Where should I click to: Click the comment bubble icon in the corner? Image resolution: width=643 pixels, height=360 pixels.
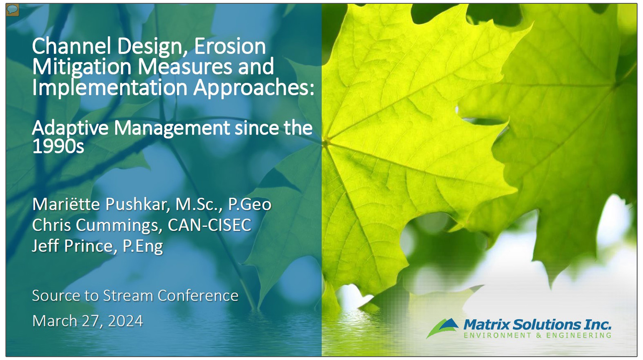tap(13, 10)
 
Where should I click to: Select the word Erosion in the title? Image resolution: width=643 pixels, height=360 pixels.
tap(229, 46)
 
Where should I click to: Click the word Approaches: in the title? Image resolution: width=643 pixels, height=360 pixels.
tap(254, 88)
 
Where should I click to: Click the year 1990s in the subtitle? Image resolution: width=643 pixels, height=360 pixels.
tap(58, 146)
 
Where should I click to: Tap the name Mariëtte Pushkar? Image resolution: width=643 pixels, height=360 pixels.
tap(100, 204)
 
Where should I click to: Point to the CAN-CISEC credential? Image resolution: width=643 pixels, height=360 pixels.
tap(209, 225)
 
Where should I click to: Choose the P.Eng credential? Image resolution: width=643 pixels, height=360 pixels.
tap(143, 246)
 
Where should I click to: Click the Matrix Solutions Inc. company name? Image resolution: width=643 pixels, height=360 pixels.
tap(537, 325)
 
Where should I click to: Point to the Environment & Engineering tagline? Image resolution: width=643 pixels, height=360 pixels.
tap(537, 335)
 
